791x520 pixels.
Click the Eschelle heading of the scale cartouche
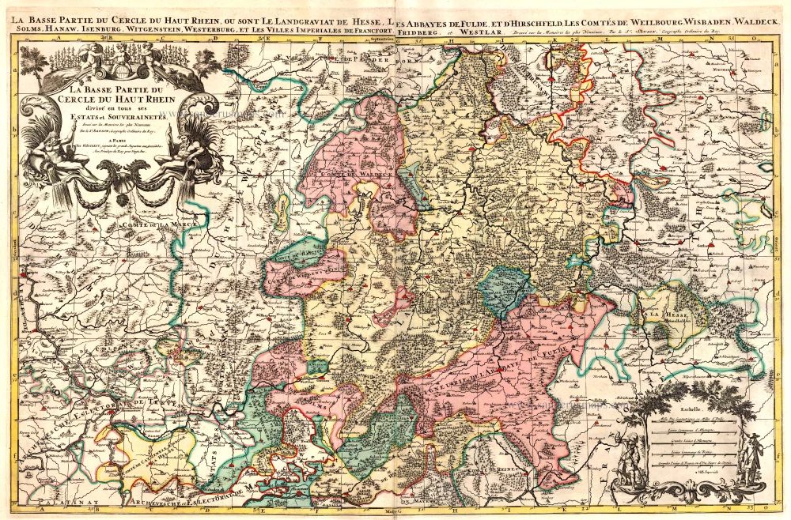(680, 411)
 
